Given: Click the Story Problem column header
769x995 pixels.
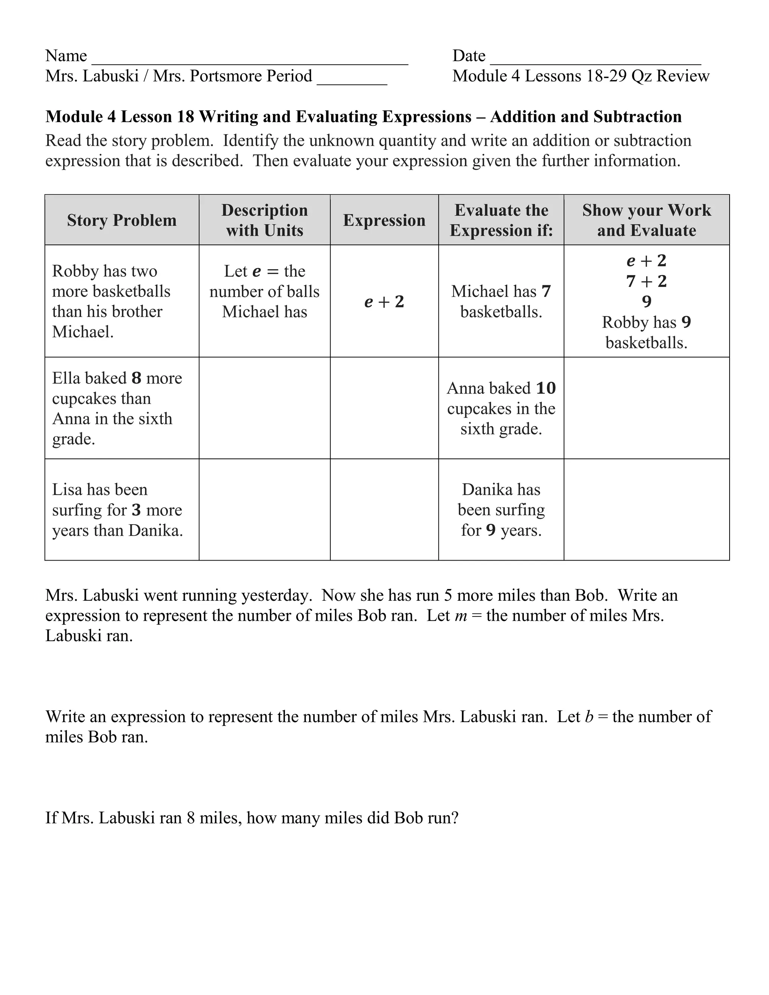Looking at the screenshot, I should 122,220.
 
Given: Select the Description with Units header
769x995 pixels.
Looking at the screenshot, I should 264,220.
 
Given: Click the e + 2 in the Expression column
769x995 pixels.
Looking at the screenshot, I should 384,302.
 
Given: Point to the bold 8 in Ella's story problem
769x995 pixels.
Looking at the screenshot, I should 136,378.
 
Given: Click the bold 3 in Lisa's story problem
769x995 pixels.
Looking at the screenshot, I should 136,510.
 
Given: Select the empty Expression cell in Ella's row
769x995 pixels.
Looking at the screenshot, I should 384,408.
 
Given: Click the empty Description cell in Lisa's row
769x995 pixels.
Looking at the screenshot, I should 264,510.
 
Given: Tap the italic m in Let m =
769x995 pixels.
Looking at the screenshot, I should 461,616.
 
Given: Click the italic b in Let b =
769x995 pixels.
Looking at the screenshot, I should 589,717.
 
